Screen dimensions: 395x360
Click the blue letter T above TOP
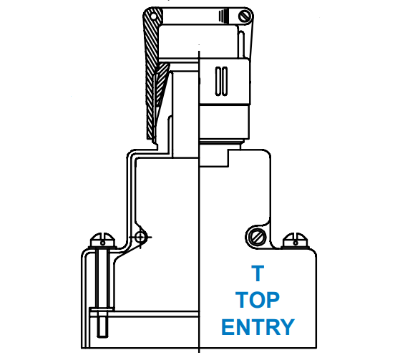click(x=258, y=273)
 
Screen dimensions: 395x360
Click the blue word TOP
click(x=258, y=300)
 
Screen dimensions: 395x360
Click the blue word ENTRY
click(x=258, y=327)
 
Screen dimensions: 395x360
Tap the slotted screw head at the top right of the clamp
click(x=245, y=16)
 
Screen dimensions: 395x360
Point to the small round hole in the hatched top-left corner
click(x=153, y=17)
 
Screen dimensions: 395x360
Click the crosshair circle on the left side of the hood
click(x=140, y=237)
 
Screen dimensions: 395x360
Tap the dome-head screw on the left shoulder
click(x=102, y=240)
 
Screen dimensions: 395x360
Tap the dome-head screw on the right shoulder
click(x=296, y=240)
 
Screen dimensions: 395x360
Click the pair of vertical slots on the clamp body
click(x=221, y=82)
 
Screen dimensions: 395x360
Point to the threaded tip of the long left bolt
click(x=102, y=327)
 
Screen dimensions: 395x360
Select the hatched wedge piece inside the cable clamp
click(x=161, y=83)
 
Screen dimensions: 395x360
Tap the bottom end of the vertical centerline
click(x=199, y=352)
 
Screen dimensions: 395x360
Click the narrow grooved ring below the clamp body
click(x=220, y=142)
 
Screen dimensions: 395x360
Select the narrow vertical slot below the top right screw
click(x=242, y=44)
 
